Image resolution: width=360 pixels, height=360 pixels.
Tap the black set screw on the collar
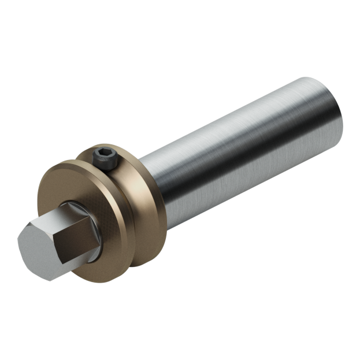tap(103, 158)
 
